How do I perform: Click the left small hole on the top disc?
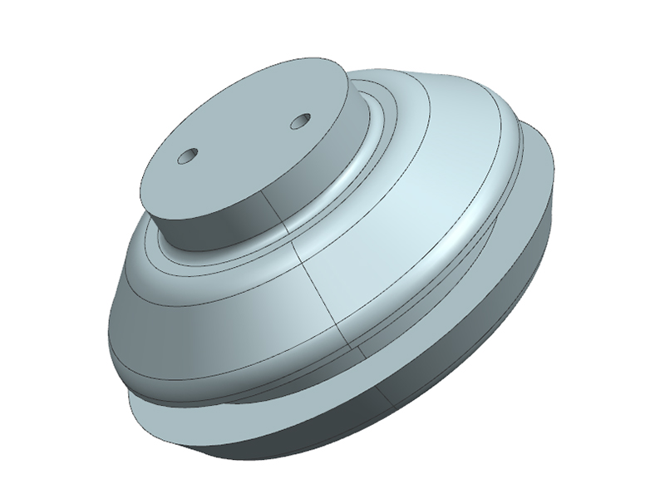coord(189,156)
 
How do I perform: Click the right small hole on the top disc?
coord(299,122)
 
